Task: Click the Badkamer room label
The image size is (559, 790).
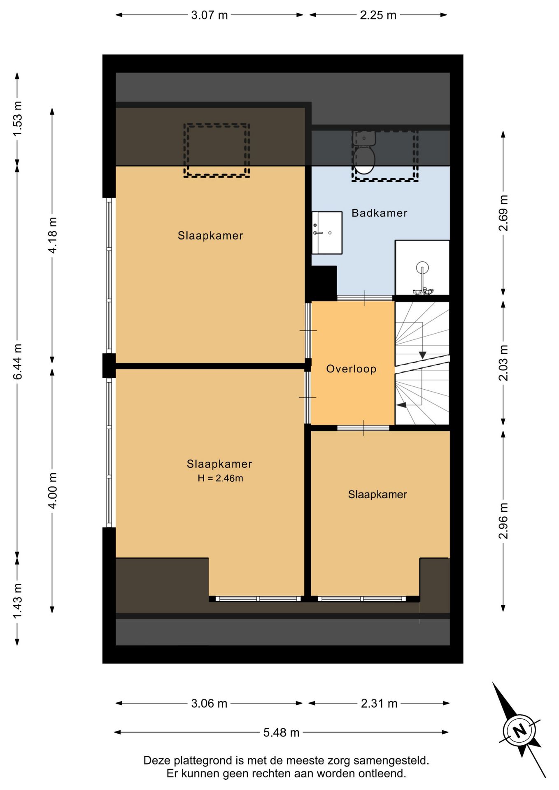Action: pos(379,213)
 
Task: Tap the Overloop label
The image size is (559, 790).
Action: pos(351,369)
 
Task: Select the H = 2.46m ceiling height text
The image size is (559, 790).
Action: pos(220,478)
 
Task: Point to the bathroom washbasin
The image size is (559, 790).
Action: pos(327,233)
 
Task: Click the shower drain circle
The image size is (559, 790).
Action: pos(422,268)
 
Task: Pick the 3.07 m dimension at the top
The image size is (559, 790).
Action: pos(209,15)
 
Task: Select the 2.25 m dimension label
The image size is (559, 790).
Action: pos(378,15)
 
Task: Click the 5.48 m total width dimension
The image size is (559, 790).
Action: pos(281,732)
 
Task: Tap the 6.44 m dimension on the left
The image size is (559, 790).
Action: pos(17,362)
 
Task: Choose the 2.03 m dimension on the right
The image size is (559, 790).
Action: pos(503,363)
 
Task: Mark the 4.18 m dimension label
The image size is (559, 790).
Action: pos(53,235)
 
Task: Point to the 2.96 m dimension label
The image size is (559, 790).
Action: pos(503,520)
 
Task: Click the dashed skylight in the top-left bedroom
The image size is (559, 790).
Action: pos(217,151)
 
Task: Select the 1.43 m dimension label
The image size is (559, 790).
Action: pos(17,601)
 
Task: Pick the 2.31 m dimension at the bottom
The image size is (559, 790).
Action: pos(379,704)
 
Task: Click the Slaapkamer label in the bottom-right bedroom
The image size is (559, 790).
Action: pos(377,495)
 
